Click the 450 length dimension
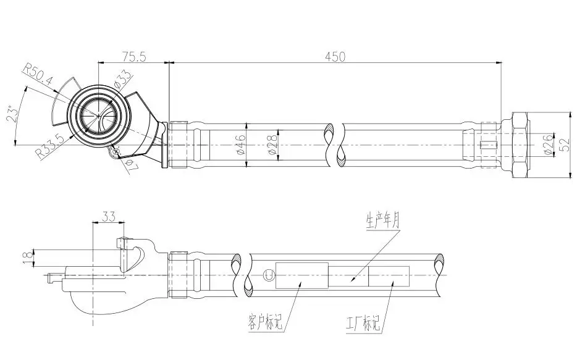[334, 56]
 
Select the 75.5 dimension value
[133, 57]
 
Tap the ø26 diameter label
[547, 143]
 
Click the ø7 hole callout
[130, 165]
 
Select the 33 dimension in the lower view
[109, 217]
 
